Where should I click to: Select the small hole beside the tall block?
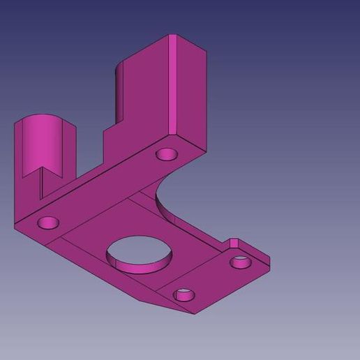tap(167, 153)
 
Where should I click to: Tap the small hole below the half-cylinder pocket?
tap(48, 223)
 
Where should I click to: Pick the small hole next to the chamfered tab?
tap(241, 262)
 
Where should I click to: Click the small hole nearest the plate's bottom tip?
tap(185, 294)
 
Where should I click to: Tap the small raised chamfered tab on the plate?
tap(234, 243)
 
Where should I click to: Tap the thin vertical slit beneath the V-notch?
tap(41, 188)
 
